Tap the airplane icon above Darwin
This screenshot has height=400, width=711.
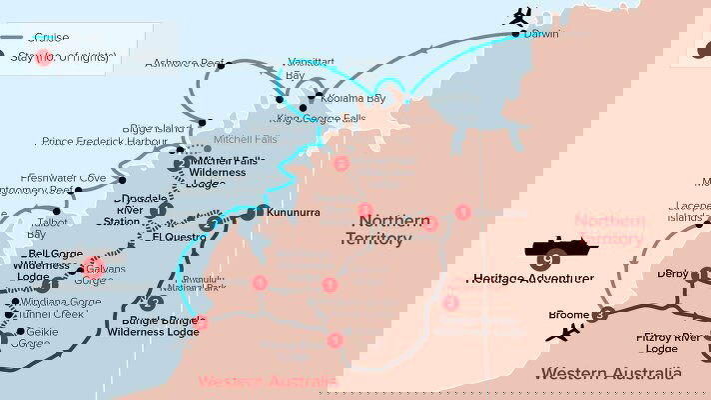point(519,16)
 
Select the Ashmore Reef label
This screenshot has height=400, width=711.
point(186,63)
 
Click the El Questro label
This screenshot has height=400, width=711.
point(175,237)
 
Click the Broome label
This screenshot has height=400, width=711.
point(569,314)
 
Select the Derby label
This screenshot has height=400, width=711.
point(673,273)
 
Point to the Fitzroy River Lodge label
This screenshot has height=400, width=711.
point(671,343)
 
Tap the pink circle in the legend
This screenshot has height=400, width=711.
point(43,58)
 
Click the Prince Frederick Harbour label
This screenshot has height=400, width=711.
point(106,142)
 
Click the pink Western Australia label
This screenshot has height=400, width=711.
point(267,381)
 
